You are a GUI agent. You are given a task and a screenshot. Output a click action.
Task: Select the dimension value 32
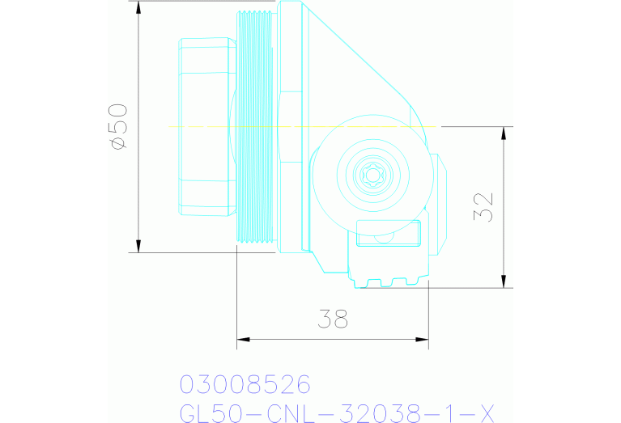[484, 206]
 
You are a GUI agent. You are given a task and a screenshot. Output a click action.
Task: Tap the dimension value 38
[332, 319]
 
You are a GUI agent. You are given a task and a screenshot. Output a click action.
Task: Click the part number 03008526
[245, 383]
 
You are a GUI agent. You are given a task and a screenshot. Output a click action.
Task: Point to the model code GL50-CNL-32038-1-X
[335, 412]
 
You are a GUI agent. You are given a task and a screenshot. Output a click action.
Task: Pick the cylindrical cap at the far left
[203, 126]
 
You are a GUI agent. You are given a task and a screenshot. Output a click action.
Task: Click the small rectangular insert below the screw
[389, 234]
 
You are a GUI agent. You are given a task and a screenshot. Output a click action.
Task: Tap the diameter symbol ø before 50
[117, 143]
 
